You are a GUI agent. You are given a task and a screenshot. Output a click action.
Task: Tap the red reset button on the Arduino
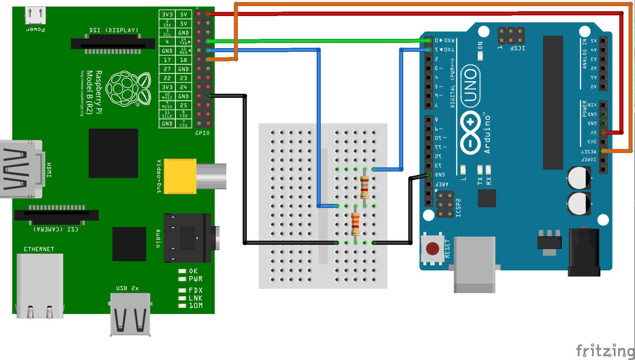(432, 248)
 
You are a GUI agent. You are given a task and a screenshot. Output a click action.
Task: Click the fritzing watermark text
(605, 350)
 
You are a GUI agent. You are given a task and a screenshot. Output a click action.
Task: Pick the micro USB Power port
(35, 16)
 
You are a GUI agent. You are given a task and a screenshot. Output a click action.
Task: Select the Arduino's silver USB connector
(474, 264)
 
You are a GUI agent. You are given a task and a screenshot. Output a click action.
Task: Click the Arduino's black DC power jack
(584, 252)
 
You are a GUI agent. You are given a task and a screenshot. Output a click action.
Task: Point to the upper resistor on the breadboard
(364, 187)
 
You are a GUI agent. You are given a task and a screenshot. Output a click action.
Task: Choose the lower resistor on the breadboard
(355, 224)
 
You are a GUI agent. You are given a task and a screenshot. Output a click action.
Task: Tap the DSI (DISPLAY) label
(114, 30)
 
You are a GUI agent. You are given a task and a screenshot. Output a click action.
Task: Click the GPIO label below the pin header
(202, 133)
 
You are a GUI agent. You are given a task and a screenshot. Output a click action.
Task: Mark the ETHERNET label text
(39, 249)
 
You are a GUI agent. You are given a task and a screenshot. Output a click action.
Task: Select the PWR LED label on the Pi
(195, 279)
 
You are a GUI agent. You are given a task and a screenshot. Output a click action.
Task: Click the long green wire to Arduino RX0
(317, 41)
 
